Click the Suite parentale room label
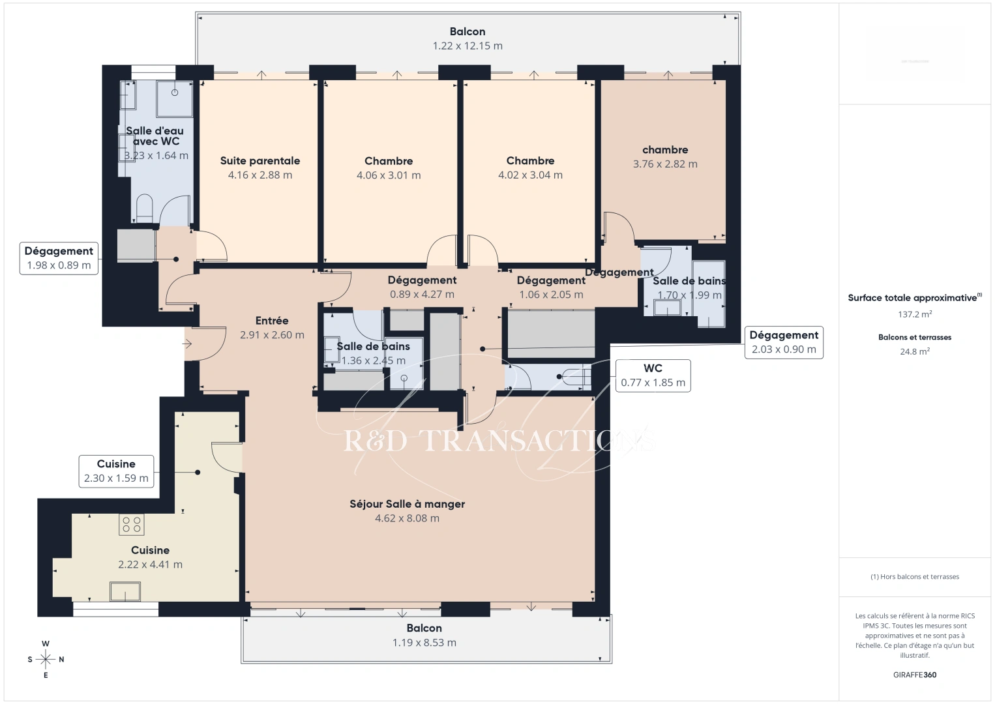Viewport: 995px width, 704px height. pyautogui.click(x=260, y=161)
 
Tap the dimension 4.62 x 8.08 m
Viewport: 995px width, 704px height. pyautogui.click(x=407, y=519)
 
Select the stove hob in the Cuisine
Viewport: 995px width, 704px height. pyautogui.click(x=131, y=525)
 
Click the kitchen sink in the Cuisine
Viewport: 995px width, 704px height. pyautogui.click(x=125, y=591)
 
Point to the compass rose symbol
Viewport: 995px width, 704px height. pyautogui.click(x=46, y=659)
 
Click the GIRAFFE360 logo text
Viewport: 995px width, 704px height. pyautogui.click(x=914, y=675)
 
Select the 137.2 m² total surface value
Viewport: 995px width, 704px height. pyautogui.click(x=914, y=314)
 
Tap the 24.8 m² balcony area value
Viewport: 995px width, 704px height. pyautogui.click(x=914, y=351)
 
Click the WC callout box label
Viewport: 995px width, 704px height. pyautogui.click(x=653, y=375)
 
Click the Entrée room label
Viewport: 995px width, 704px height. pyautogui.click(x=272, y=321)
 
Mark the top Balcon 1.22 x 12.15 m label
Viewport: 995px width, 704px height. pyautogui.click(x=468, y=38)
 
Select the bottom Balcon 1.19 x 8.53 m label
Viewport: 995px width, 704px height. pyautogui.click(x=424, y=636)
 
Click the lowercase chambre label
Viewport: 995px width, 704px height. pyautogui.click(x=665, y=150)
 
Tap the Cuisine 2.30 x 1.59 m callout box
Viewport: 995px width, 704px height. pyautogui.click(x=116, y=471)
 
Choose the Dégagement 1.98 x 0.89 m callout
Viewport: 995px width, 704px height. pyautogui.click(x=59, y=258)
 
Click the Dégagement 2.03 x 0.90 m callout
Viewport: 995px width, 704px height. pyautogui.click(x=784, y=342)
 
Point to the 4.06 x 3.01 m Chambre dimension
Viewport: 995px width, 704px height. pyautogui.click(x=389, y=175)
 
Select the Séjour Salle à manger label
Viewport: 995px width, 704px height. pyautogui.click(x=407, y=504)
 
